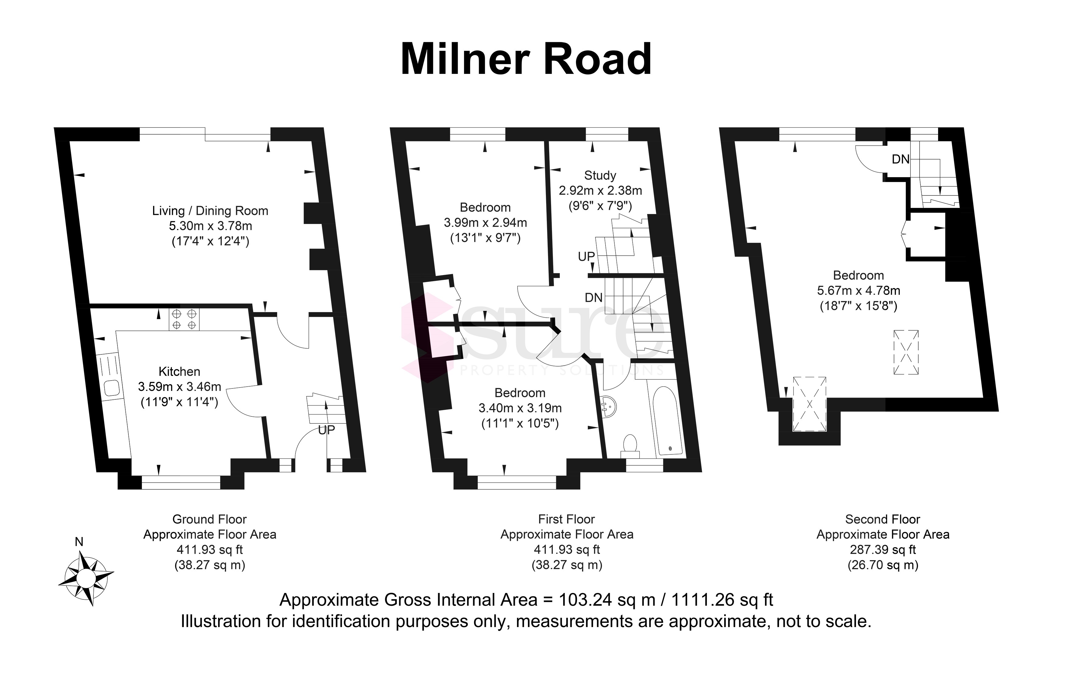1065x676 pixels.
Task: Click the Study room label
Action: pyautogui.click(x=600, y=175)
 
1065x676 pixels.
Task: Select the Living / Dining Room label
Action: pyautogui.click(x=210, y=211)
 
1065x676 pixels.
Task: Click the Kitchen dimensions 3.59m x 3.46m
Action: pyautogui.click(x=180, y=387)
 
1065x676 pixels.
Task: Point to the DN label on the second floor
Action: pyautogui.click(x=900, y=159)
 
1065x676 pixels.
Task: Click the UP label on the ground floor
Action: pyautogui.click(x=326, y=430)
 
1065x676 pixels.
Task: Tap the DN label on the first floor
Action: pyautogui.click(x=594, y=298)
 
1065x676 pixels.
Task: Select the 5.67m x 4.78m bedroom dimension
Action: pyautogui.click(x=858, y=291)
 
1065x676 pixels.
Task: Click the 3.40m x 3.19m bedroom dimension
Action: pyautogui.click(x=520, y=408)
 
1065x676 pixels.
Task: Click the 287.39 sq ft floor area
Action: pyautogui.click(x=883, y=550)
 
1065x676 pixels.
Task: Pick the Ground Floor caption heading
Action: pyautogui.click(x=209, y=519)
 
